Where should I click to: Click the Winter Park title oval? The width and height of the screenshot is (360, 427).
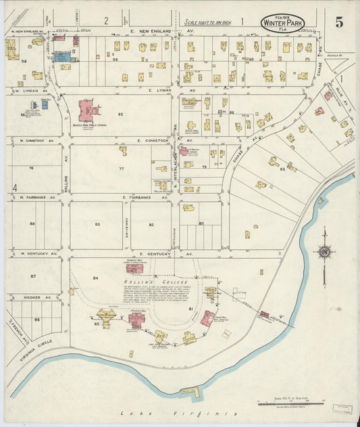pyautogui.click(x=282, y=23)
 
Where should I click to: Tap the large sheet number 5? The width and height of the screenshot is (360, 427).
pyautogui.click(x=338, y=22)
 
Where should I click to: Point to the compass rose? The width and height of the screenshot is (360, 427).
pyautogui.click(x=324, y=252)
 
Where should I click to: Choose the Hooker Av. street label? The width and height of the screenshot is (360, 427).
pyautogui.click(x=36, y=297)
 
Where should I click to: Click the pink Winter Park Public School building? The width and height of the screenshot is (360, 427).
pyautogui.click(x=87, y=109)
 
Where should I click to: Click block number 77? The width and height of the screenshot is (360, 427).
pyautogui.click(x=122, y=168)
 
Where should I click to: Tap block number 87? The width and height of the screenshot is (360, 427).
pyautogui.click(x=32, y=276)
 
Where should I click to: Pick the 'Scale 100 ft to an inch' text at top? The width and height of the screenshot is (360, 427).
pyautogui.click(x=209, y=22)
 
